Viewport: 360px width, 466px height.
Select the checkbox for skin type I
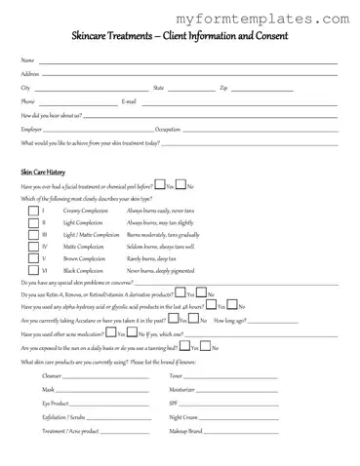(25, 211)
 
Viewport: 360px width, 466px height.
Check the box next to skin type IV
(25, 247)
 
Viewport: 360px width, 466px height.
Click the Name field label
(27, 60)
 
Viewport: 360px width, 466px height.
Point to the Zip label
(223, 88)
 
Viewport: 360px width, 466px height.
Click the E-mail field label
(129, 101)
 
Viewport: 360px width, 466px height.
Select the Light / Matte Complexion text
(91, 235)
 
